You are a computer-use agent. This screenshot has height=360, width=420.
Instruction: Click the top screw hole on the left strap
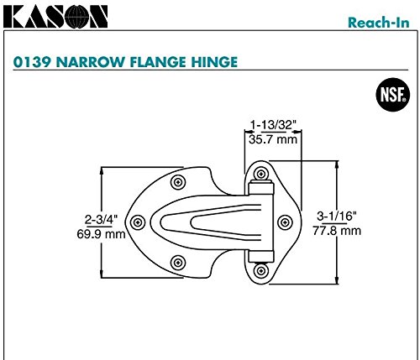(x=176, y=181)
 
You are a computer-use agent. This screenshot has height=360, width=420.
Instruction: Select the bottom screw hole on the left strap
(x=176, y=261)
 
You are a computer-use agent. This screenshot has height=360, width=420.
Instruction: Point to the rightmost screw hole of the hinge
(x=284, y=222)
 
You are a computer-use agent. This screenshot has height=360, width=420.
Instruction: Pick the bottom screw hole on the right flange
(x=260, y=270)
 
